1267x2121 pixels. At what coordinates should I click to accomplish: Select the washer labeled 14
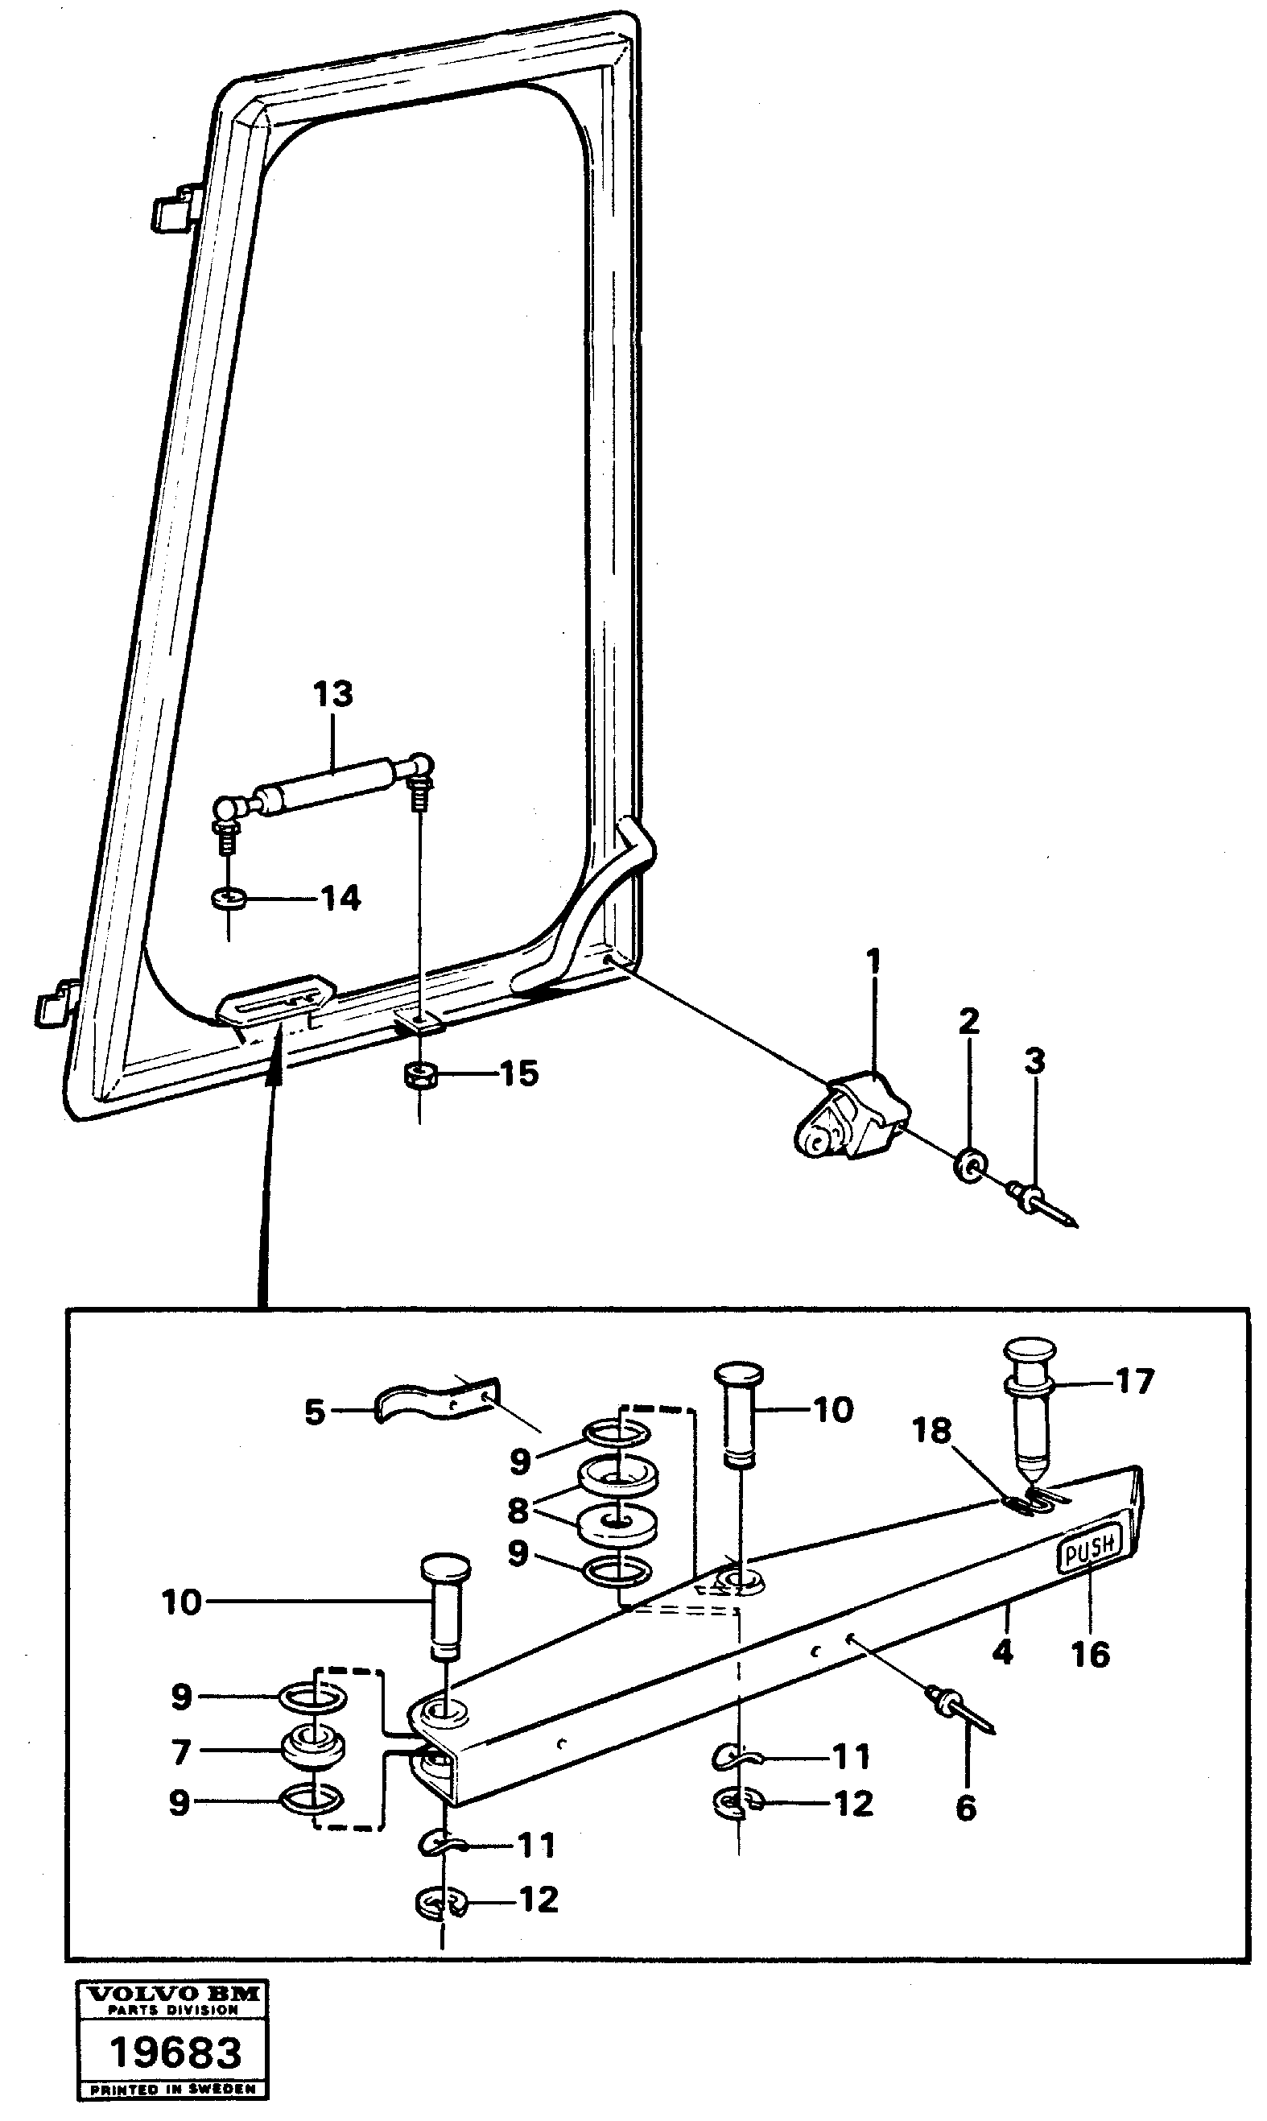click(x=228, y=899)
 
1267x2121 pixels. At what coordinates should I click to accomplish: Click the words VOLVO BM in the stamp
click(x=173, y=1994)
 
